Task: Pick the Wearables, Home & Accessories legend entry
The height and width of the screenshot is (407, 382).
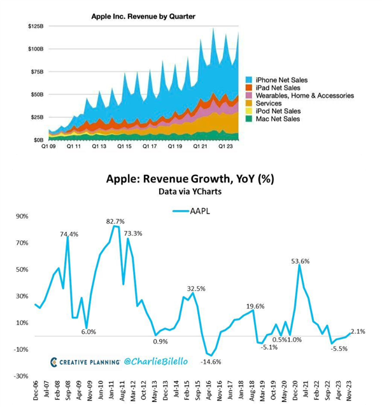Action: coord(304,95)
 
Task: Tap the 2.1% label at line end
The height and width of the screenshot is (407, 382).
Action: coord(358,331)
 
